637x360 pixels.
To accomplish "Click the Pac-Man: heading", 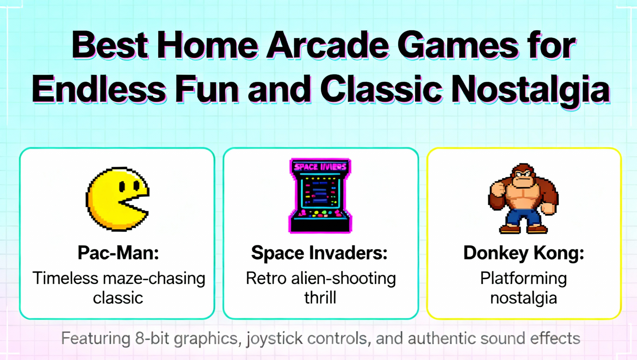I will [118, 253].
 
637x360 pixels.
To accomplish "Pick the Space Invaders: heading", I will [319, 253].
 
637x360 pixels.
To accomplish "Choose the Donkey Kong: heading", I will [523, 253].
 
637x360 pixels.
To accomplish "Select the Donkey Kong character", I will [523, 198].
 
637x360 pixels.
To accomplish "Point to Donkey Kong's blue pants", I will [523, 218].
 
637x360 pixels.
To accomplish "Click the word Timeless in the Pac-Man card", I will [65, 279].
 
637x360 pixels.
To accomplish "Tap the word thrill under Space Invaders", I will [320, 298].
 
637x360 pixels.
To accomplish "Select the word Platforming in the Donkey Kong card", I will [523, 279].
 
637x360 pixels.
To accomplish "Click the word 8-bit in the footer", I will [152, 338].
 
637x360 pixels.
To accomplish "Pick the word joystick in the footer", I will [274, 338].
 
